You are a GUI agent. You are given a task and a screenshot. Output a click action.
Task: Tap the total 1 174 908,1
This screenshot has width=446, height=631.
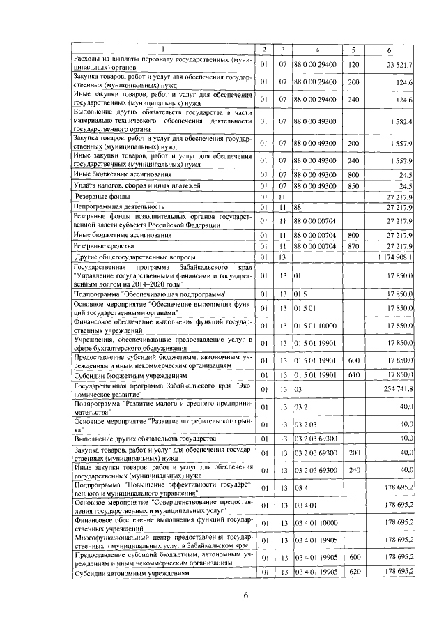395,258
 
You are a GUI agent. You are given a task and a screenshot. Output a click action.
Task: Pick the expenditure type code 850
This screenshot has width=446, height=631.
353,187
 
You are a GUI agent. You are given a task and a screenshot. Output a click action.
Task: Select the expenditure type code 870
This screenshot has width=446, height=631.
353,246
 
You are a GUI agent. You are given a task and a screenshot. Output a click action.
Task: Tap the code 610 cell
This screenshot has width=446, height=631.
353,375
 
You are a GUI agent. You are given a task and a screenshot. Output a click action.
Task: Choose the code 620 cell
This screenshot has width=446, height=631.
353,572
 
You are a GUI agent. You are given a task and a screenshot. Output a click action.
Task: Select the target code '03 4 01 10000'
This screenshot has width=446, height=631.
316,522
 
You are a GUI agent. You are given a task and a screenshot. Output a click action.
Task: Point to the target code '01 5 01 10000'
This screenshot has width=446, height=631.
316,326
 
